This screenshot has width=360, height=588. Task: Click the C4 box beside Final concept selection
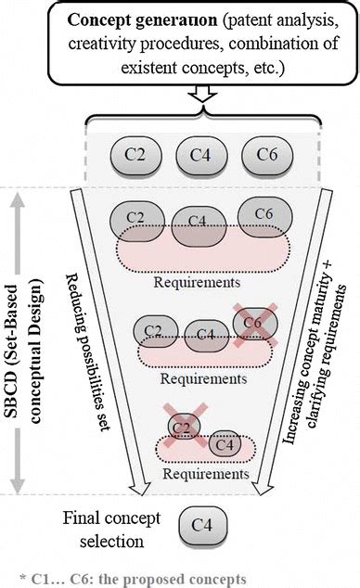click(202, 526)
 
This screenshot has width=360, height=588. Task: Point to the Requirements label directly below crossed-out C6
click(196, 378)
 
